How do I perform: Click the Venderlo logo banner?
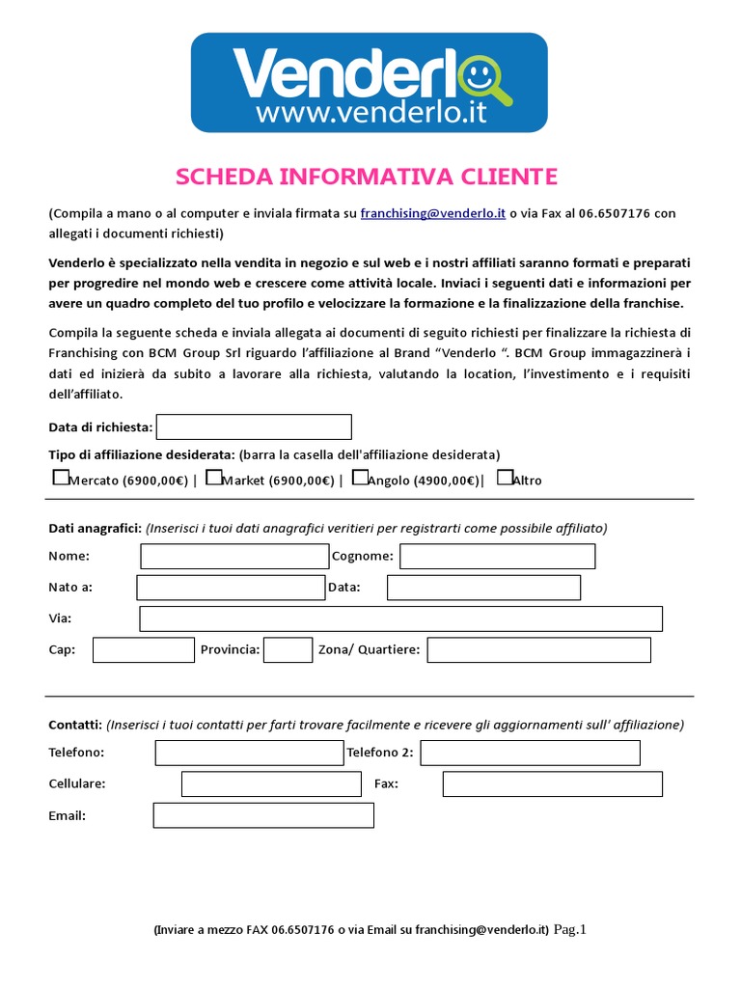tap(370, 83)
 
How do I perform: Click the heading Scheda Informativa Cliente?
tap(366, 177)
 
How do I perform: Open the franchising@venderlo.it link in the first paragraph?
tap(433, 214)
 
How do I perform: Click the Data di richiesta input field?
tap(254, 426)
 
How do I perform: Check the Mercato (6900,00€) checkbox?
tap(61, 477)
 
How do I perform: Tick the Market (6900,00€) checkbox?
tap(214, 477)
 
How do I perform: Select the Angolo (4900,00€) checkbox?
tap(360, 477)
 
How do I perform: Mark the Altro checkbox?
tap(505, 477)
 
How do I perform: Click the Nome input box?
tap(234, 557)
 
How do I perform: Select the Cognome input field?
tap(498, 557)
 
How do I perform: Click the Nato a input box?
tap(231, 588)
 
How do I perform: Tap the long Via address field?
tap(401, 618)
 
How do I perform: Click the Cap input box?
tap(144, 650)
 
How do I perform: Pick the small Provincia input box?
tap(288, 650)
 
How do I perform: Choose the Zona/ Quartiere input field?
tap(539, 650)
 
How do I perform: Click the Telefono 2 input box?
tap(531, 753)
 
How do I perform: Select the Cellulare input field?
tap(271, 784)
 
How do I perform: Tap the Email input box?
tap(263, 816)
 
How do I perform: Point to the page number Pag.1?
tap(570, 929)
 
